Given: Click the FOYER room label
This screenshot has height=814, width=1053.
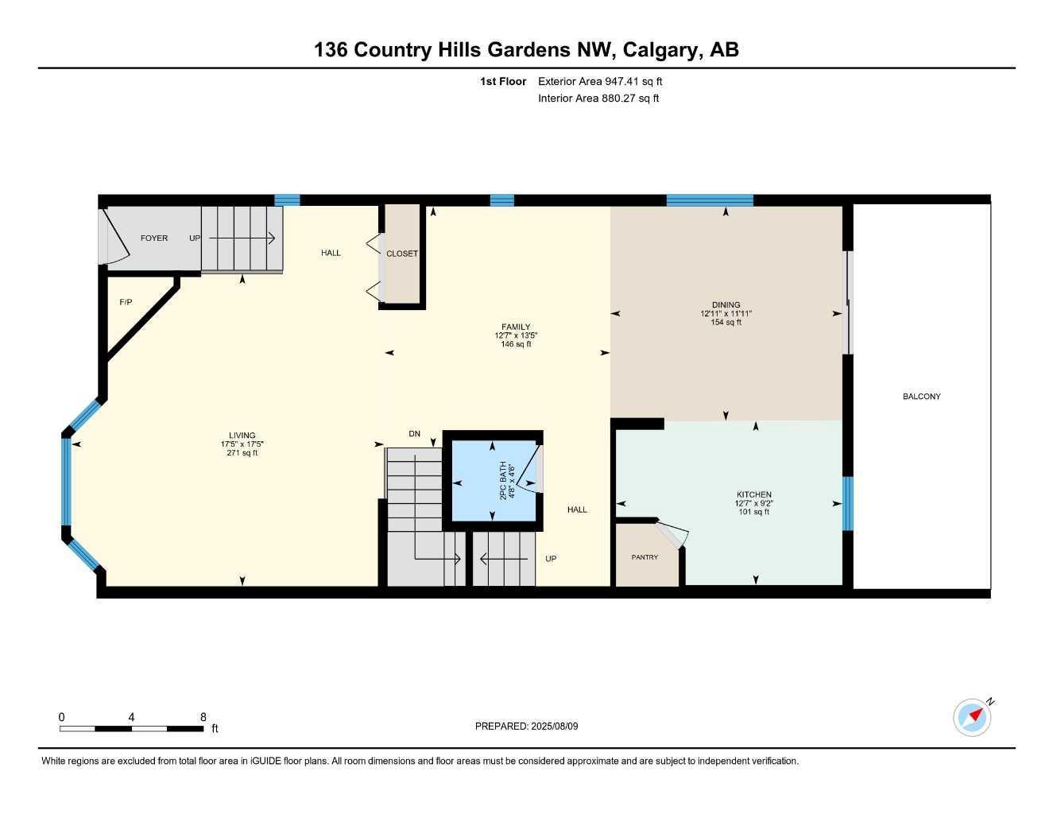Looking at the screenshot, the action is (x=153, y=238).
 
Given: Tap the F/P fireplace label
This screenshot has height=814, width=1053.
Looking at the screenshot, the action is (x=126, y=302).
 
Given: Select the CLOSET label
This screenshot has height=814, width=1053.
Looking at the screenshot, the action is (x=401, y=254).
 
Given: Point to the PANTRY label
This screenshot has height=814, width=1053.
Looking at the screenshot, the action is (x=645, y=557).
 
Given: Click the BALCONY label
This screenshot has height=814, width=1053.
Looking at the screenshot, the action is (x=921, y=397).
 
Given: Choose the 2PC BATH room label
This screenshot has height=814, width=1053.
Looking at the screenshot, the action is (x=503, y=481).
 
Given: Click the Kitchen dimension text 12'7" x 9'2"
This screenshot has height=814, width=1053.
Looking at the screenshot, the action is (x=753, y=503).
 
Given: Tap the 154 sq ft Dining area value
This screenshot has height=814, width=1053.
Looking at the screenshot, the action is (x=726, y=322).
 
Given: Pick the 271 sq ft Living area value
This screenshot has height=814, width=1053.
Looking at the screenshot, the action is (x=242, y=452).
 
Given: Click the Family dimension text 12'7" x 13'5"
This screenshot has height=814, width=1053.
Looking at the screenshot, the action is (x=516, y=335).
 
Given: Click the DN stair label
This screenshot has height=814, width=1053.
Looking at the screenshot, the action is (x=414, y=434).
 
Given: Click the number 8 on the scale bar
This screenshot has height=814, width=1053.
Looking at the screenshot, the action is (x=203, y=716).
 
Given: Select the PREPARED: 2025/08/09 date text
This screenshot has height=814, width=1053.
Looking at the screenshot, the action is (x=526, y=726).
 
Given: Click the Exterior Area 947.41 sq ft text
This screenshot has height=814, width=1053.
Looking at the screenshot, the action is (x=600, y=81).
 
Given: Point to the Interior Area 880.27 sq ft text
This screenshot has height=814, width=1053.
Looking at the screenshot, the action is (x=598, y=99).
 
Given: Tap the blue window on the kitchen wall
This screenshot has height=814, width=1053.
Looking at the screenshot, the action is (x=847, y=504).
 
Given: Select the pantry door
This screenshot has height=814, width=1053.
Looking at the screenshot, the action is (x=672, y=534).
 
